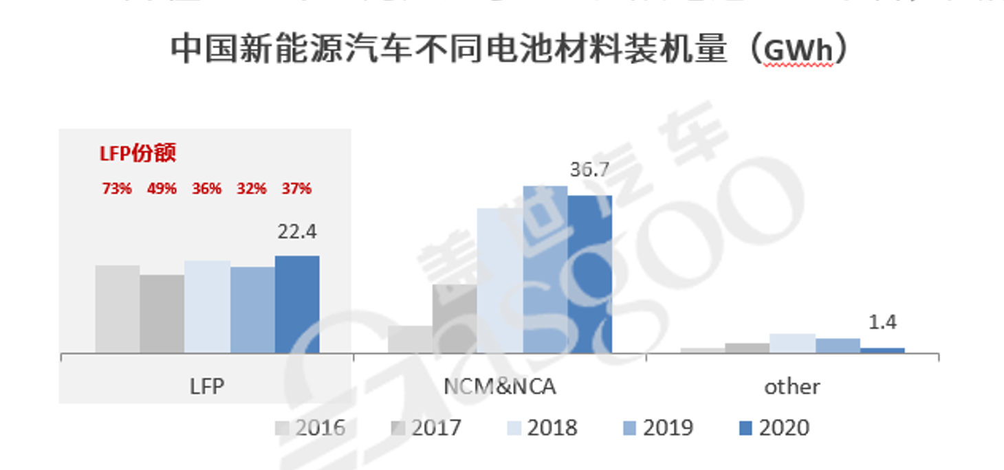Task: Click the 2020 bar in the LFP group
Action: (297, 305)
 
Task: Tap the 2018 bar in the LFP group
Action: (207, 307)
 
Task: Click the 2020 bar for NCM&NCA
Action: (589, 274)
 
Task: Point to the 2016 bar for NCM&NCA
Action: (410, 339)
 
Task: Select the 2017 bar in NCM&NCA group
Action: (455, 319)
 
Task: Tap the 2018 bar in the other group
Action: (792, 344)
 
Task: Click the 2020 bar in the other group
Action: (882, 350)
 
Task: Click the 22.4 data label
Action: (297, 232)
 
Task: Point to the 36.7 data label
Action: (589, 170)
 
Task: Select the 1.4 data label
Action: (882, 322)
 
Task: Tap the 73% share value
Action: (117, 188)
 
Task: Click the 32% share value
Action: (251, 188)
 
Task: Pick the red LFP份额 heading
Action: (138, 153)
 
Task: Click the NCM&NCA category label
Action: (500, 387)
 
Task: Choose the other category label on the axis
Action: (792, 387)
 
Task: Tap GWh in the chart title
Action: (798, 52)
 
